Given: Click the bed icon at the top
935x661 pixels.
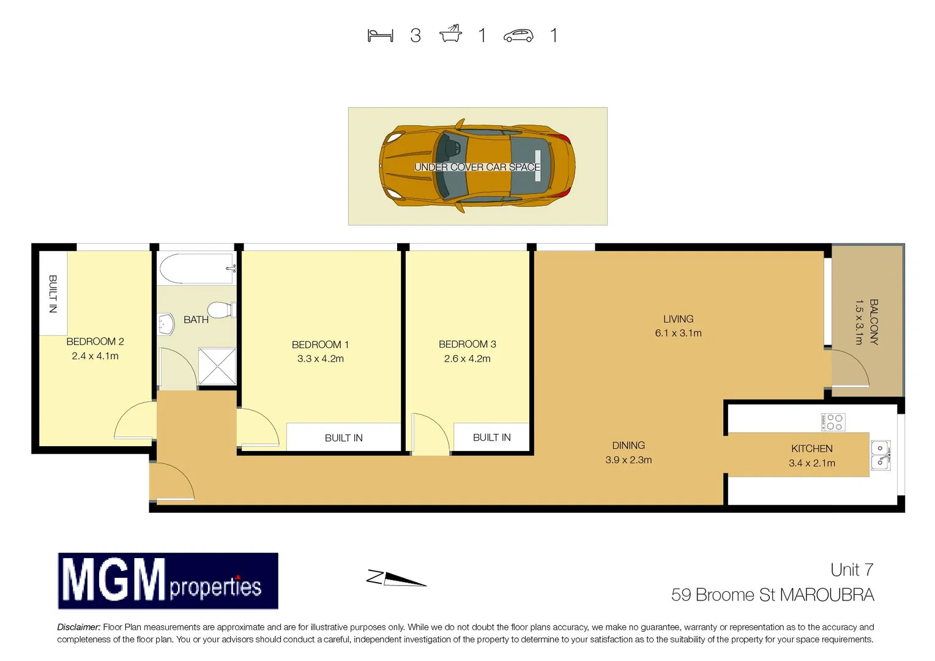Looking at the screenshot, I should [x=380, y=35].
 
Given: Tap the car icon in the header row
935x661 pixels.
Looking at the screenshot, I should [x=518, y=36].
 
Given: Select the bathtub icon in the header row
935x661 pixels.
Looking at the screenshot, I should [x=450, y=34].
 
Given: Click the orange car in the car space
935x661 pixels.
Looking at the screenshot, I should [x=477, y=166].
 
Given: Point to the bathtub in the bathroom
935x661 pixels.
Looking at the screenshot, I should [x=196, y=268].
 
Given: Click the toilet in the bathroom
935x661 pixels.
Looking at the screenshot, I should [x=220, y=310].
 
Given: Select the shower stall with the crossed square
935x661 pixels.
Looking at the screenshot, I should [x=217, y=366].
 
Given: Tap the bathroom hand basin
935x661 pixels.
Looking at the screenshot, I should [x=165, y=324].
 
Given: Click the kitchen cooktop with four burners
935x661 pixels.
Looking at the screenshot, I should [x=833, y=422].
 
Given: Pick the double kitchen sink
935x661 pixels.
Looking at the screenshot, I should [x=880, y=455].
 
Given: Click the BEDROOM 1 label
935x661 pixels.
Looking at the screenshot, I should [x=320, y=345].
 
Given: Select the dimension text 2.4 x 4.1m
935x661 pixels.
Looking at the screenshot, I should [x=95, y=356].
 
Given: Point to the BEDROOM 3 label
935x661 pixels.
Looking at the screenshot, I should [x=467, y=344].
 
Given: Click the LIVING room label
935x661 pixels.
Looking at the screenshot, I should [x=678, y=319].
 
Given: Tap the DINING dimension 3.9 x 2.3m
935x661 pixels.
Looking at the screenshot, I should [x=628, y=460].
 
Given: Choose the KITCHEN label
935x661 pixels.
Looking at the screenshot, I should [x=811, y=449].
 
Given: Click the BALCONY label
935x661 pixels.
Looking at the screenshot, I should [x=874, y=322].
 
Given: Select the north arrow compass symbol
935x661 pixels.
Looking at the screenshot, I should [x=397, y=578].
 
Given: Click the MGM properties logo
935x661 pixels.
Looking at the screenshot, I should [x=168, y=581].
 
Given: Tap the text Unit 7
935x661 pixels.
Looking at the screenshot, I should [x=851, y=570].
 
